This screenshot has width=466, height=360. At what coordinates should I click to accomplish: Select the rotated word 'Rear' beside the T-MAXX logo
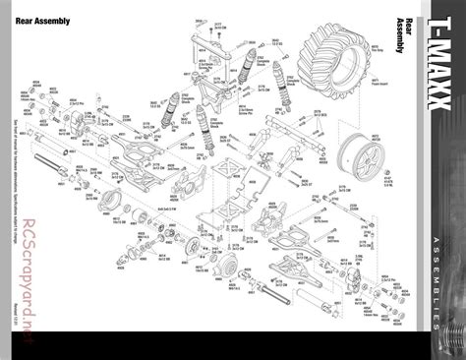[410, 30]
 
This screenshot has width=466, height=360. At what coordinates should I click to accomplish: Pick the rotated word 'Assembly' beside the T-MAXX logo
[400, 44]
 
